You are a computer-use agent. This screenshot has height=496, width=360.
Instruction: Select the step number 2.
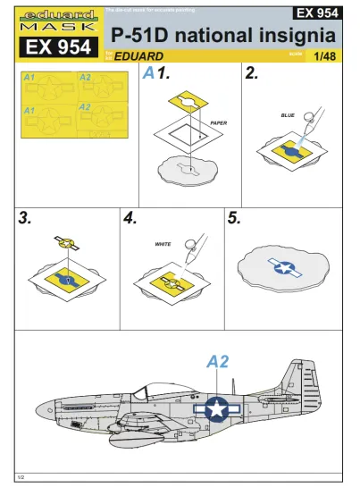[251, 75]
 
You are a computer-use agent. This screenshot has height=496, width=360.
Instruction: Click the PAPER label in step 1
[221, 122]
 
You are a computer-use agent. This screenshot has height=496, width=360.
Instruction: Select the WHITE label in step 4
[163, 243]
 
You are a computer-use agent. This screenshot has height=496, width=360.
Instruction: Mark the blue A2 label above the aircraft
[218, 362]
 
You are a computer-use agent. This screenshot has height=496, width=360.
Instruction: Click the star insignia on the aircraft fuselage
[215, 408]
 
